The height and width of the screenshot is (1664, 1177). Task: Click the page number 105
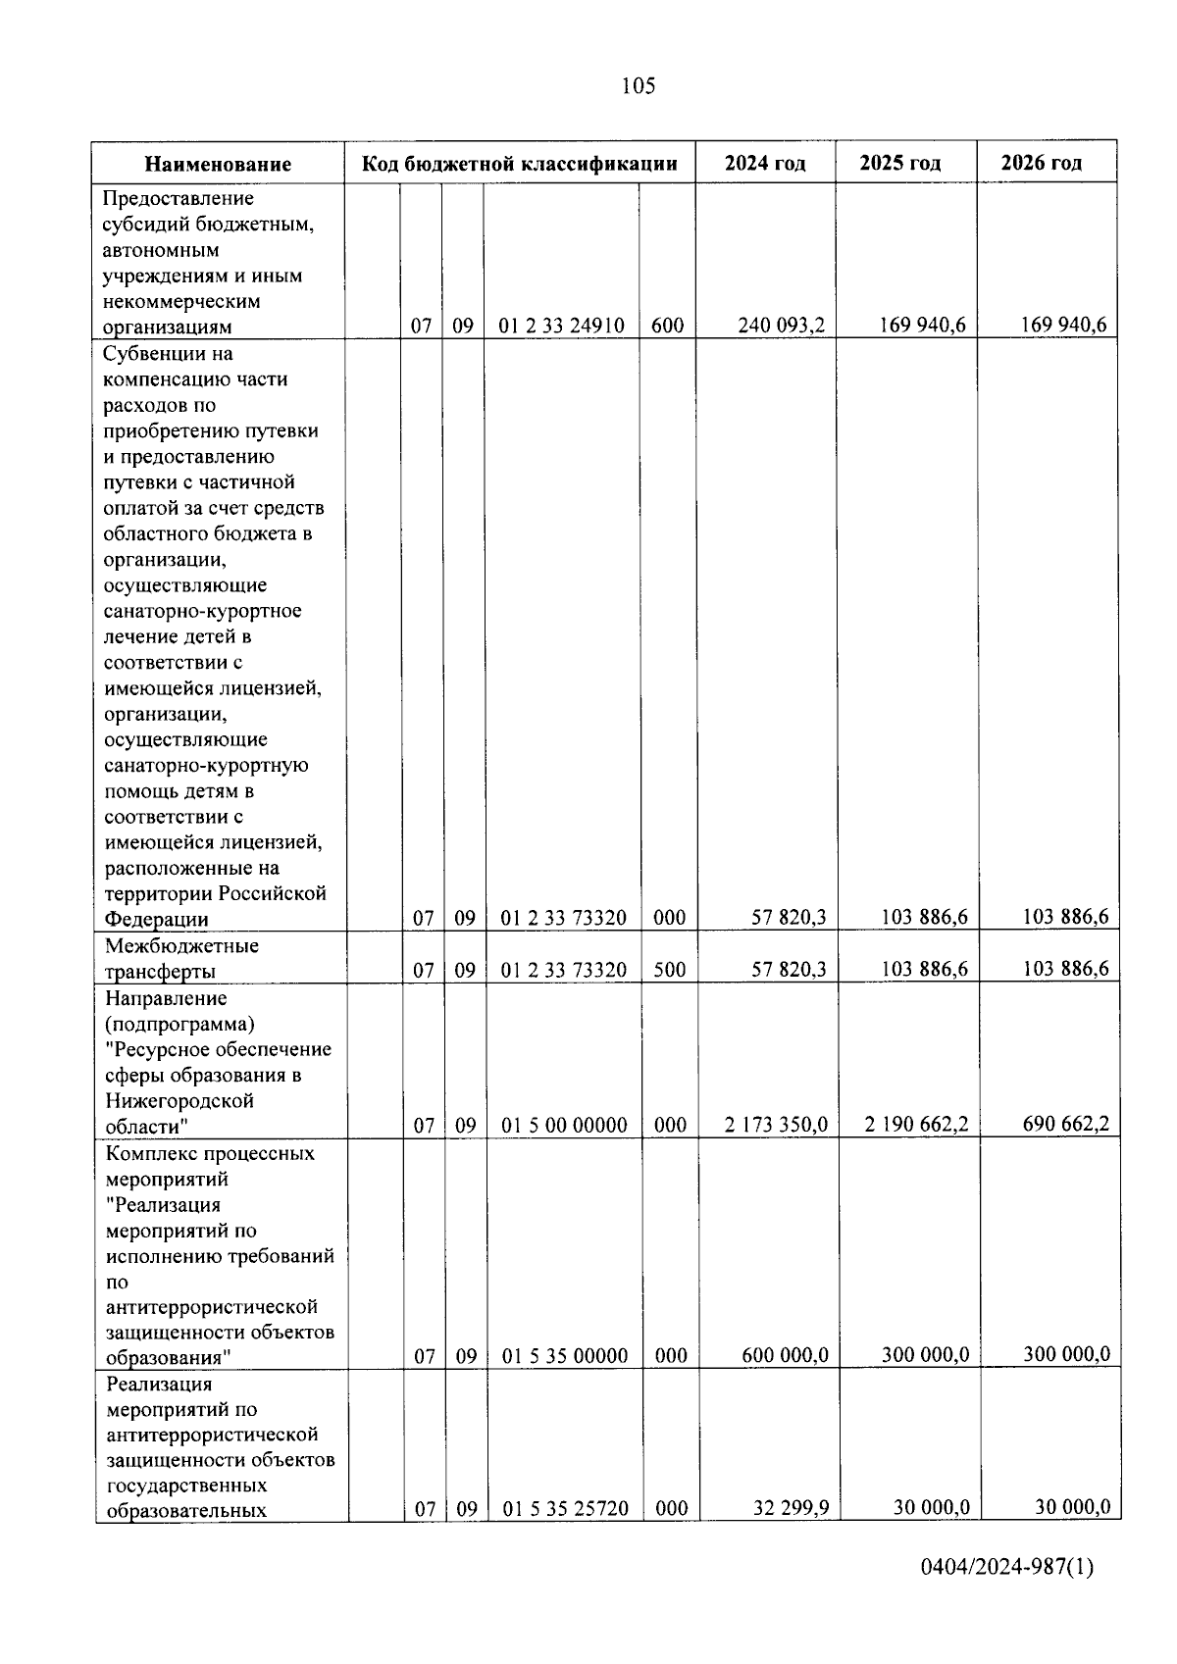[638, 86]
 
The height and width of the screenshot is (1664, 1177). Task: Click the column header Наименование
[218, 164]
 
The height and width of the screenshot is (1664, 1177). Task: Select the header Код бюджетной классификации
[520, 163]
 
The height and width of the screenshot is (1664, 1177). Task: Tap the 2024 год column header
[765, 163]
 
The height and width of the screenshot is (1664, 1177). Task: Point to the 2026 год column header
[1042, 163]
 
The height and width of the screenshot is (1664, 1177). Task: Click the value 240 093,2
[781, 326]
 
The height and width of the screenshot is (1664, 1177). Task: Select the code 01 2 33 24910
[561, 326]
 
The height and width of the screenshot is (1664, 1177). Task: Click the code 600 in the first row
[667, 326]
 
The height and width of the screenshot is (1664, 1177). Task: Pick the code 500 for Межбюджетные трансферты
[670, 970]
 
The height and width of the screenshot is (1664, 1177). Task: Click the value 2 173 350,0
[776, 1125]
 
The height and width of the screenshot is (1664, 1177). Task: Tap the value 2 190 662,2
[916, 1125]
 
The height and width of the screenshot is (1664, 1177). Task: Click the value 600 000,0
[785, 1355]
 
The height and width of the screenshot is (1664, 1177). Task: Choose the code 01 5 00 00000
[564, 1126]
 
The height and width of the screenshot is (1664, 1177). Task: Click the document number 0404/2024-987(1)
[1006, 1594]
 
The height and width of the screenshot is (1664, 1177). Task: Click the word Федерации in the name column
[156, 920]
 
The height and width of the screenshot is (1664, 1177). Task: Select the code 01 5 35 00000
[565, 1356]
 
